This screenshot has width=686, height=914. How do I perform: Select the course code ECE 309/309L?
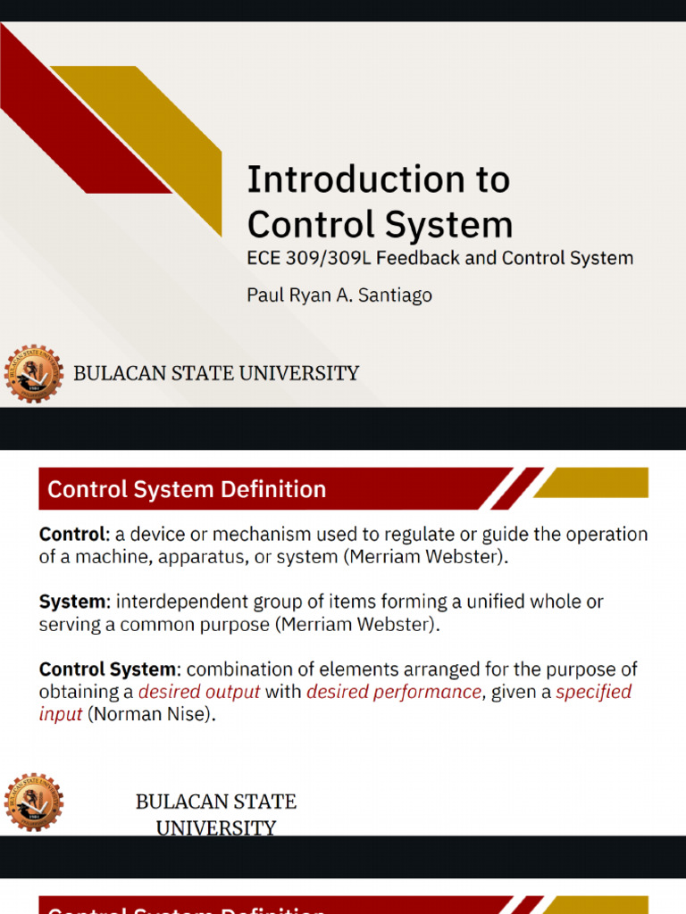[307, 258]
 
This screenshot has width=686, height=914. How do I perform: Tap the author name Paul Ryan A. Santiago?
[339, 295]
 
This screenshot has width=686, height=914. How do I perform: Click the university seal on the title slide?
[33, 373]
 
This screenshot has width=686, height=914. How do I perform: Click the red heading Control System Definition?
[187, 489]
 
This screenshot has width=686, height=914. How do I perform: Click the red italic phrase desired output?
[199, 692]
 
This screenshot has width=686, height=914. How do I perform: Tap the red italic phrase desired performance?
[394, 692]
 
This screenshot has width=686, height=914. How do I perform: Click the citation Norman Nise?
[151, 714]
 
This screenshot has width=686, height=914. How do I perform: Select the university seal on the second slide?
[33, 802]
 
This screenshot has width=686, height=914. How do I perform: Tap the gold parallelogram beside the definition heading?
[591, 483]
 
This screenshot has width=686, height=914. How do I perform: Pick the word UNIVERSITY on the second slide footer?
[216, 828]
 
